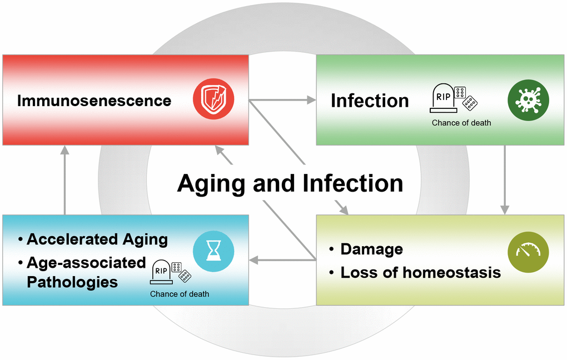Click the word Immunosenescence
point(94,101)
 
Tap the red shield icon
point(213,99)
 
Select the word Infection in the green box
point(370,101)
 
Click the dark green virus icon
point(528,100)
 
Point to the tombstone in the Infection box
point(444,98)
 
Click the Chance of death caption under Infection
point(461,123)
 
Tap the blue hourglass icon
point(213,251)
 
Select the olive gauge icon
point(528,252)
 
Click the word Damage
point(372,249)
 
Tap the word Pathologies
point(72,282)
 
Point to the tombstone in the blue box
point(161,272)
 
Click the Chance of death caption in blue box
point(180,294)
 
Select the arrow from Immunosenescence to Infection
point(282,100)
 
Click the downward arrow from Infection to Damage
point(505,180)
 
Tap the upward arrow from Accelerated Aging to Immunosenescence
point(64,180)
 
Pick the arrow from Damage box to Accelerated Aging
point(282,260)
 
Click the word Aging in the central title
point(211,184)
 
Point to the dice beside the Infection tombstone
point(465,98)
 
